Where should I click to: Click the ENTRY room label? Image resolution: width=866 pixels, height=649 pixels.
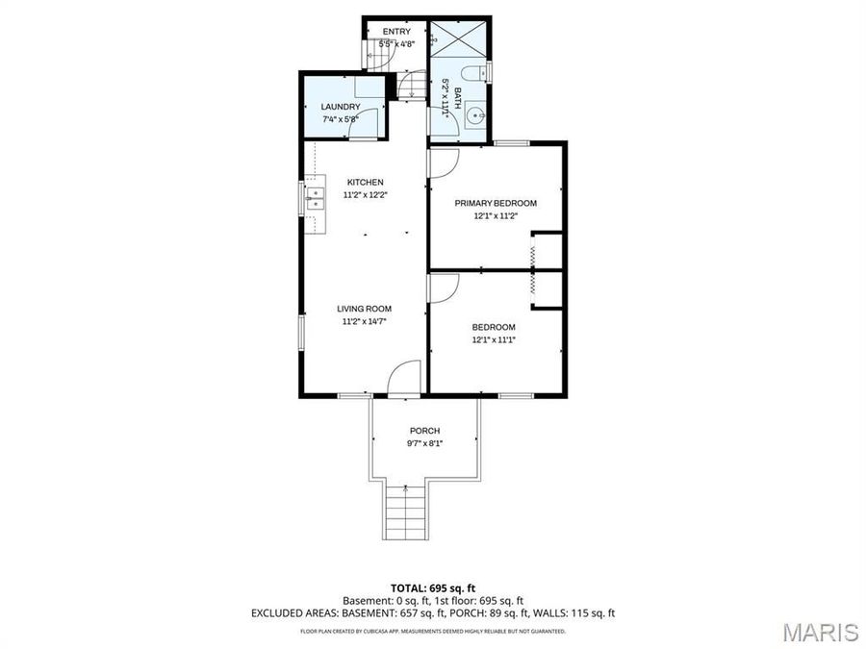coord(395,32)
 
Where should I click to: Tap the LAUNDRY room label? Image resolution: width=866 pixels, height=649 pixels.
coord(341,107)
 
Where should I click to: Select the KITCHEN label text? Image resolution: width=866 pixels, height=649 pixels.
coord(366,182)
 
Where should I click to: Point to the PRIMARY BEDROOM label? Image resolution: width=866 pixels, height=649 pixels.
coord(496,203)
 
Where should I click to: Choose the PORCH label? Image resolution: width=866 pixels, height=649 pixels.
coord(424,430)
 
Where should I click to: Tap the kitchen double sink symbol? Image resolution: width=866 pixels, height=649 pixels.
coord(314,199)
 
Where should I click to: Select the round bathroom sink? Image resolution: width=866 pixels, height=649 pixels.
coord(474,119)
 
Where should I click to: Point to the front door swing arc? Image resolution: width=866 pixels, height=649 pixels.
coord(406,377)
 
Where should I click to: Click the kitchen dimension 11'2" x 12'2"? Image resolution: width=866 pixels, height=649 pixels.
coord(366,194)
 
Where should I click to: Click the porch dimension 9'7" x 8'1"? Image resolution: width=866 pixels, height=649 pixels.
coord(424,443)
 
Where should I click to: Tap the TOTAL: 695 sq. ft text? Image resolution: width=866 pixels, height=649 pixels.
coord(432,587)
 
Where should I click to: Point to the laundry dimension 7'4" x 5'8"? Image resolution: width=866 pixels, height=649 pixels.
coord(341,119)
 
